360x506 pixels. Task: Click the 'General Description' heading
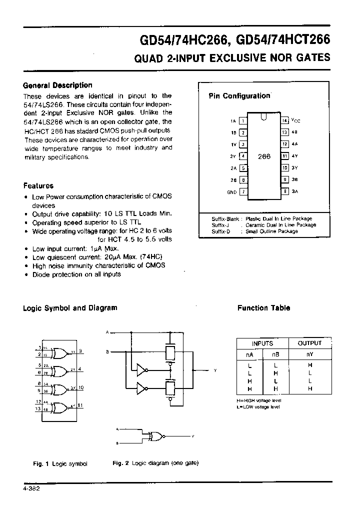(58, 85)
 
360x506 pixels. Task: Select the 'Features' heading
(38, 185)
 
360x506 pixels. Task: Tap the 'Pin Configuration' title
(239, 96)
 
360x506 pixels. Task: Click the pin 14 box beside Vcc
(284, 120)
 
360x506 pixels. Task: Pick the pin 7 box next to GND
(243, 191)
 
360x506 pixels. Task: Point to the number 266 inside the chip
(264, 156)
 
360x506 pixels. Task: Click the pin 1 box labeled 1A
(243, 120)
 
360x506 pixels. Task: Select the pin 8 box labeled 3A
(284, 191)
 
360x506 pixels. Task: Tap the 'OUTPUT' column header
(309, 343)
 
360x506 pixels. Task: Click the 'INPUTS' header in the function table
(262, 343)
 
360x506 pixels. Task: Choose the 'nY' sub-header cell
(309, 354)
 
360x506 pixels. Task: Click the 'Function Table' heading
(263, 308)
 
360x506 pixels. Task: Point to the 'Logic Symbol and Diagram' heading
(70, 308)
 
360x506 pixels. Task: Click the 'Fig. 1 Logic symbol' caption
(60, 463)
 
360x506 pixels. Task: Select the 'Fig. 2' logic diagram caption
(155, 463)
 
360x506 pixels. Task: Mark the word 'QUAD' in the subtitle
(146, 58)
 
